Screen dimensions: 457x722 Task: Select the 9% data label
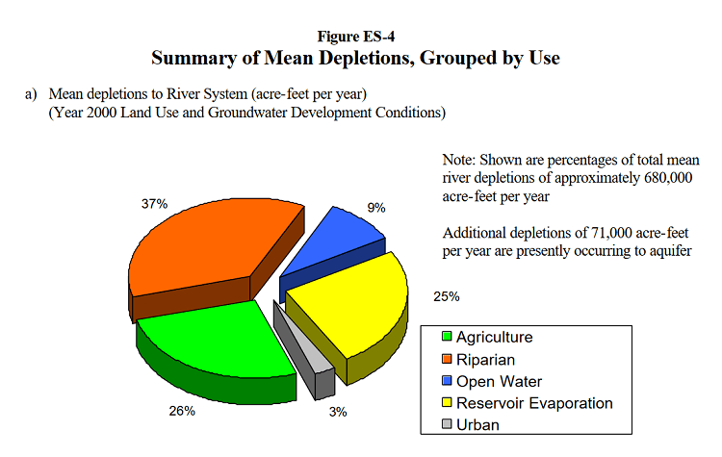tap(376, 207)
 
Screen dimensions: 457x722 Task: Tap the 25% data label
tap(446, 296)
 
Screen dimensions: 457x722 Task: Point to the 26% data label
tap(182, 411)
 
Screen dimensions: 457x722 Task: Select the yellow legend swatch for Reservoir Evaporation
tap(447, 403)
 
